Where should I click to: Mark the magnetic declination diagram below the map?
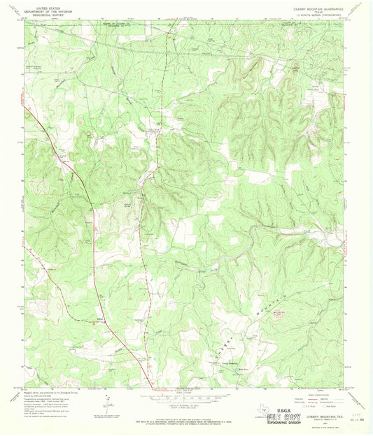(106, 403)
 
